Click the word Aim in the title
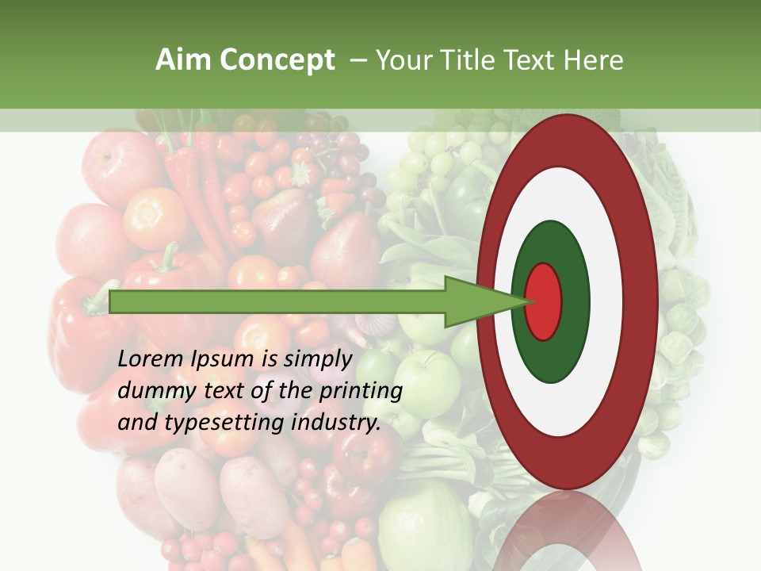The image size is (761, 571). click(184, 60)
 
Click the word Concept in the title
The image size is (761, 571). click(277, 60)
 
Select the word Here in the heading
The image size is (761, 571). click(592, 60)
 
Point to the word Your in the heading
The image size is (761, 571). click(401, 60)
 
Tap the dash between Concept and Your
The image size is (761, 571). click(358, 60)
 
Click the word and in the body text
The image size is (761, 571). click(136, 423)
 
